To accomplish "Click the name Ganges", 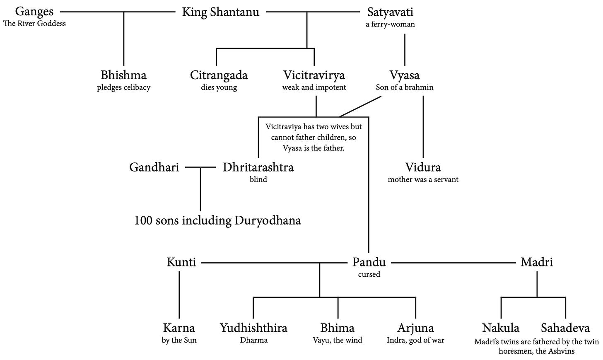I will tap(34, 12).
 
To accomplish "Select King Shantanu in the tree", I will tap(221, 12).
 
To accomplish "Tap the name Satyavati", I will tap(390, 12).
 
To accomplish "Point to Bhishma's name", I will tap(123, 75).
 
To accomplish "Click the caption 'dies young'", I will tap(219, 87).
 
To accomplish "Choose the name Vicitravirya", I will tap(314, 75).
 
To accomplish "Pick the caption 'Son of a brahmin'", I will tap(404, 87).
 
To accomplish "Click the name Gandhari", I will tap(154, 167).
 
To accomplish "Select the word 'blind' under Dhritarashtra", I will tap(258, 179).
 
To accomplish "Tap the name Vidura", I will tap(423, 167).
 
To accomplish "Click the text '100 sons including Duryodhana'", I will tap(217, 220).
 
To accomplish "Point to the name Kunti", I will tap(181, 262).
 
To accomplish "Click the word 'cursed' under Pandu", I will tap(369, 274).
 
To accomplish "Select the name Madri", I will tap(537, 262).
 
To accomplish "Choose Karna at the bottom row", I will tap(179, 328).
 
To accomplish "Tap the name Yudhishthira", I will tap(253, 328).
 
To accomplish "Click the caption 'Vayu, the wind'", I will tap(337, 340).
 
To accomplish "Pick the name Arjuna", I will tap(415, 328).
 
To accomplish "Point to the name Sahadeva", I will tap(565, 328).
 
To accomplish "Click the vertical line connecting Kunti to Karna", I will tap(179, 294).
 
